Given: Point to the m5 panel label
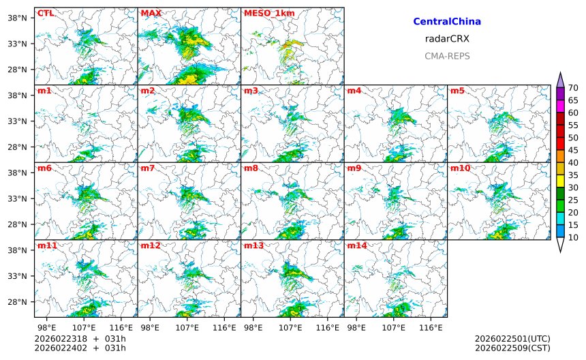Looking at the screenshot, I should pos(457,91).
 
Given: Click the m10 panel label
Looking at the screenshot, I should pos(460,168).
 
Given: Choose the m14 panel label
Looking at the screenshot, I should pos(356,245).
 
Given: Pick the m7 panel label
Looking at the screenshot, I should pos(149,168).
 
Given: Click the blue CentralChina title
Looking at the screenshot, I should pos(447,22).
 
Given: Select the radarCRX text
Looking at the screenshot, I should pos(447,39).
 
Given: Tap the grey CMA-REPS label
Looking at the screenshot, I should pos(447,57).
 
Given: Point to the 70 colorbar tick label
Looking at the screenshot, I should pos(573,88).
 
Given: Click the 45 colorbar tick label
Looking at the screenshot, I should pos(573,151).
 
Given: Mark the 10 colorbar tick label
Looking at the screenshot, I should pos(573,238).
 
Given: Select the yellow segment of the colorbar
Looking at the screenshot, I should pos(560,181).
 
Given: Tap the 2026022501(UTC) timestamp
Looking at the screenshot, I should pos(512,339).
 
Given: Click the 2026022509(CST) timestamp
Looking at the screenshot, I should pos(512,348).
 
